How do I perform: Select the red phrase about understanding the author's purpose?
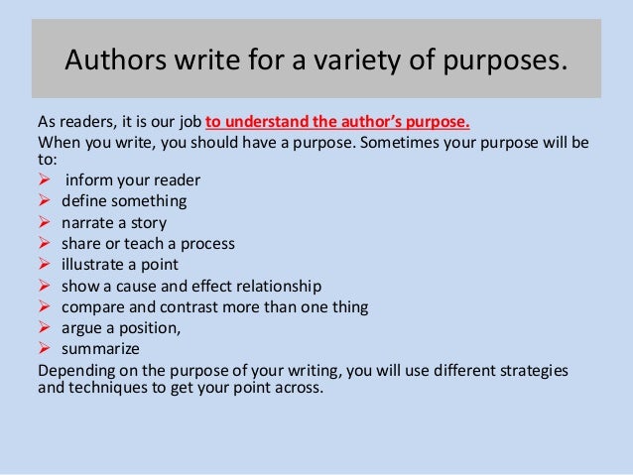pos(337,124)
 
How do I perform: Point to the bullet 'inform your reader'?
pos(133,179)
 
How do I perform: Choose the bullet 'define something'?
pos(124,201)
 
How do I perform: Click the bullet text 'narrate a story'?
pos(114,222)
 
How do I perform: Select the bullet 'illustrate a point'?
pos(120,264)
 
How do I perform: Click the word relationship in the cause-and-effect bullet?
pos(273,286)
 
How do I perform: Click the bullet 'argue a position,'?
pos(124,327)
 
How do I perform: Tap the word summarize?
pos(100,348)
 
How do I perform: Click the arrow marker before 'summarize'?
pos(43,348)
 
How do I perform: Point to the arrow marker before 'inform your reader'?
pos(43,179)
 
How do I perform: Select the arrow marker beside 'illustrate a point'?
pos(43,264)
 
